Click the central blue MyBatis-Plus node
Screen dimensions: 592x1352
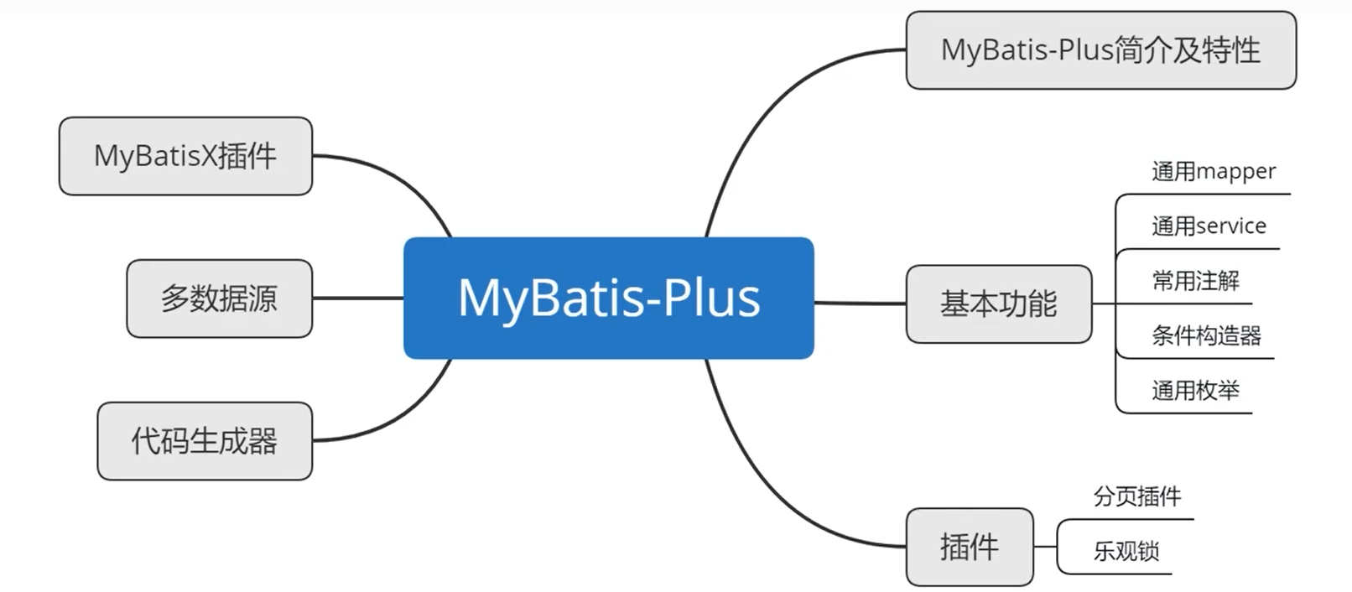coord(608,298)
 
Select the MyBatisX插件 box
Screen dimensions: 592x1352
coord(185,156)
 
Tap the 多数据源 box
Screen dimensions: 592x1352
coord(219,299)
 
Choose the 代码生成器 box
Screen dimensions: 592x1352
coord(205,441)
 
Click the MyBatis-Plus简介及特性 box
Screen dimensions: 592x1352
coord(1100,50)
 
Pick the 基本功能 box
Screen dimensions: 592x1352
coord(998,304)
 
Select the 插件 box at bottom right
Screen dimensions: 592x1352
coord(969,547)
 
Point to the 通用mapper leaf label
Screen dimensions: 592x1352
coord(1213,172)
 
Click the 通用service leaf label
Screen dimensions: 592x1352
coord(1208,226)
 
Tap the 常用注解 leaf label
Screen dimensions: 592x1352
coord(1195,281)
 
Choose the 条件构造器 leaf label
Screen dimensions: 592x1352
coord(1206,335)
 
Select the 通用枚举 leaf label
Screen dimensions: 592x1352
coord(1195,390)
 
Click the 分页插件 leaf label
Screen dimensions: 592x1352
coord(1136,496)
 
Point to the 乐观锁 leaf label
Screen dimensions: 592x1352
coord(1126,551)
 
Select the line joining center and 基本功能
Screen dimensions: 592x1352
coord(860,303)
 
